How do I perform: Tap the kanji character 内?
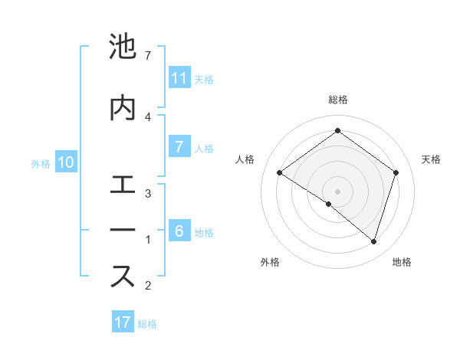point(123,107)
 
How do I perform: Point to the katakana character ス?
point(123,277)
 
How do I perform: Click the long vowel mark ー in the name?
point(123,230)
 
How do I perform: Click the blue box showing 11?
point(179,78)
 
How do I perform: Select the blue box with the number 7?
point(179,147)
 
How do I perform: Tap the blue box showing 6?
point(179,231)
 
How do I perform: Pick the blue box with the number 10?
point(66,162)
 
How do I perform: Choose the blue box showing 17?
point(123,322)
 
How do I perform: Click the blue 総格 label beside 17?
point(147,324)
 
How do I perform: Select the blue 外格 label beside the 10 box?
point(41,163)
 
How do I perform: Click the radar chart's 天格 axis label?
point(431,159)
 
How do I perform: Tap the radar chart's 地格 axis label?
point(402,262)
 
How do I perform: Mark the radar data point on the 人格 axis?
point(280,173)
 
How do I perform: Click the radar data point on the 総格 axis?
point(337,131)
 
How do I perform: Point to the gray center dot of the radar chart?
point(337,191)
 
